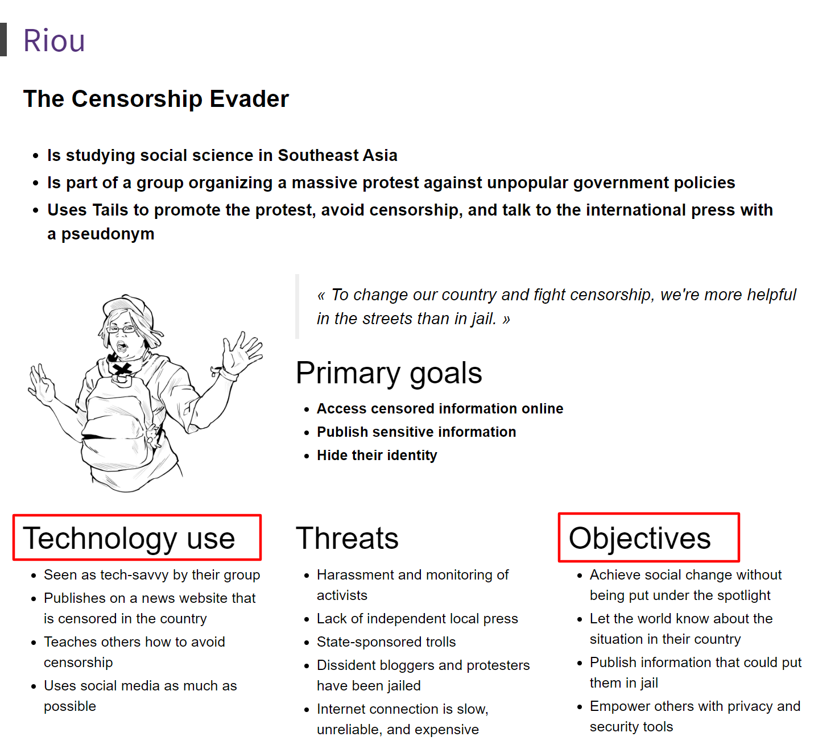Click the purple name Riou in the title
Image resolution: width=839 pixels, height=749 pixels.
54,41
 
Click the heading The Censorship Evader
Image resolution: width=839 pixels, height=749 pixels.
156,99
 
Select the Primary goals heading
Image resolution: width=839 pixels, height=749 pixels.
388,373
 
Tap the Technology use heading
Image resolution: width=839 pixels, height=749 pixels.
129,538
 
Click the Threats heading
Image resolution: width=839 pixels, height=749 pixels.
347,538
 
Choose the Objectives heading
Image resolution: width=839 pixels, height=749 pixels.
639,538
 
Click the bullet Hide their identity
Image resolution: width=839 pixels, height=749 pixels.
377,456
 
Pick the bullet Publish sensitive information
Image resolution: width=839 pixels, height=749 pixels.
416,432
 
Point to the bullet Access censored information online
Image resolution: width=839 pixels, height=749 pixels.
440,409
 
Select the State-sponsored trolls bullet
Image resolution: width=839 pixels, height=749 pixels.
386,642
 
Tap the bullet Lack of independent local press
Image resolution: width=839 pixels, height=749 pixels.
417,619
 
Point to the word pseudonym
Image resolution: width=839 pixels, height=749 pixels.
108,234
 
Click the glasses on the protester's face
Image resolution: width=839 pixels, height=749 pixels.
122,329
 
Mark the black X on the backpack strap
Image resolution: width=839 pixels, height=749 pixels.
121,371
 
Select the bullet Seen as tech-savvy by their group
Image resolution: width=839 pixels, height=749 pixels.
152,575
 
